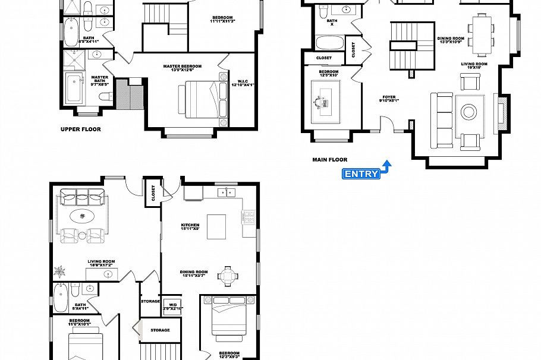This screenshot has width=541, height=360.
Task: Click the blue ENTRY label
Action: tap(361, 173)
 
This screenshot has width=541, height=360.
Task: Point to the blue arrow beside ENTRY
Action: tap(386, 166)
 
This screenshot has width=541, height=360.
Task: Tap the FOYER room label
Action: tap(389, 97)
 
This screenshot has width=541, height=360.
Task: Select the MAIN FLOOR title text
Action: tap(329, 159)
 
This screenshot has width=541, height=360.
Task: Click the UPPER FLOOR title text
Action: tap(80, 129)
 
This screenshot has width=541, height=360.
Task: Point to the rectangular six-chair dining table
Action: tap(480, 30)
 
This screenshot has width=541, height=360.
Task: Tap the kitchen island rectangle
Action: tap(216, 226)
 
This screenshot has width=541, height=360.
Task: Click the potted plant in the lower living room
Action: tap(60, 271)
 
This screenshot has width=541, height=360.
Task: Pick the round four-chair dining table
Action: tap(228, 275)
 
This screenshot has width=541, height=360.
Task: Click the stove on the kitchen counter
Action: tap(248, 216)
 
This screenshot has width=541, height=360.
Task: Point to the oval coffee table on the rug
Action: tap(82, 216)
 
